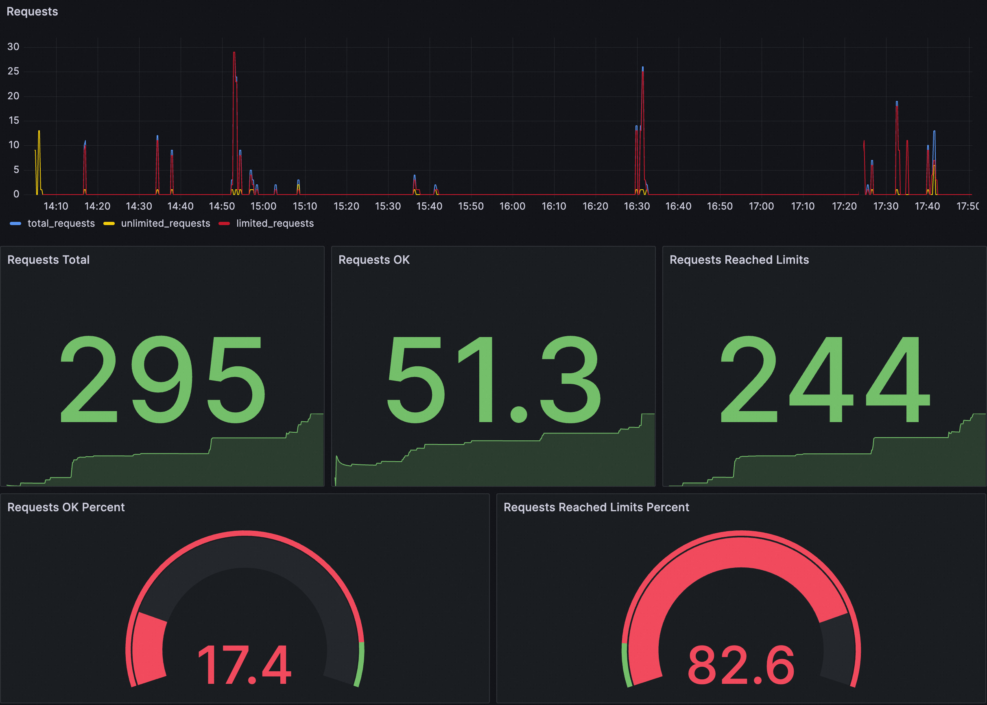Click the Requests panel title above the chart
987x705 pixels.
point(32,12)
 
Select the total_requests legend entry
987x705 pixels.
point(61,223)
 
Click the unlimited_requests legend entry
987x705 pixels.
point(165,223)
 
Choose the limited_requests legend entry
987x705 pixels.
point(275,223)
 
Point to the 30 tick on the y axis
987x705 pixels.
point(13,47)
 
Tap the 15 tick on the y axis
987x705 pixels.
point(13,120)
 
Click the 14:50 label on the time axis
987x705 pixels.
point(222,206)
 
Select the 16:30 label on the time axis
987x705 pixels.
point(636,206)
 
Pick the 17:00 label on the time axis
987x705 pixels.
point(761,206)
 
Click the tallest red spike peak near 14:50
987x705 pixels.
point(234,53)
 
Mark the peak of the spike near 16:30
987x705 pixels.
point(642,68)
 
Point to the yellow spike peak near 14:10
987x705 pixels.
point(39,131)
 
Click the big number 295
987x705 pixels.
point(162,379)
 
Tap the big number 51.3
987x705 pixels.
point(493,379)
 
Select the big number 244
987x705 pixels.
point(824,379)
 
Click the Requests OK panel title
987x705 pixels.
point(373,260)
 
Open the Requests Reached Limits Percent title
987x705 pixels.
point(596,508)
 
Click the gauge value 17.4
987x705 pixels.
point(244,665)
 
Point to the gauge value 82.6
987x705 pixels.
point(740,665)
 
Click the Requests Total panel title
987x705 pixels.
point(48,260)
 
